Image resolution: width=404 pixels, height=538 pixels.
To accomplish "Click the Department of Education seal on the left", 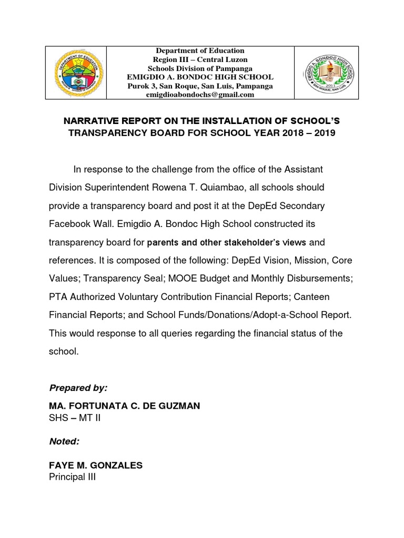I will coord(76,73).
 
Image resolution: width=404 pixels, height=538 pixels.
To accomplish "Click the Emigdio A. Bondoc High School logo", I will coord(326,73).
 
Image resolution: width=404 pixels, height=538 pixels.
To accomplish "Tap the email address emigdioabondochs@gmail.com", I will coord(200,95).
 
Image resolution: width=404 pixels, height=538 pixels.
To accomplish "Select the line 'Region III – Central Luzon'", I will coord(200,59).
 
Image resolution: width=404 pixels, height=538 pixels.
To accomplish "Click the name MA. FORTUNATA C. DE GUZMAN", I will coord(125,406).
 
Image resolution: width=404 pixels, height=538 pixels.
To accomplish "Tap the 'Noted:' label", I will coord(64,441).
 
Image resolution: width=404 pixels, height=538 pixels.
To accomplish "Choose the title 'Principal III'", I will coord(72,477).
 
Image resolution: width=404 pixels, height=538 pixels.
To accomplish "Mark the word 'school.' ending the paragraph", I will coord(64,351).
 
